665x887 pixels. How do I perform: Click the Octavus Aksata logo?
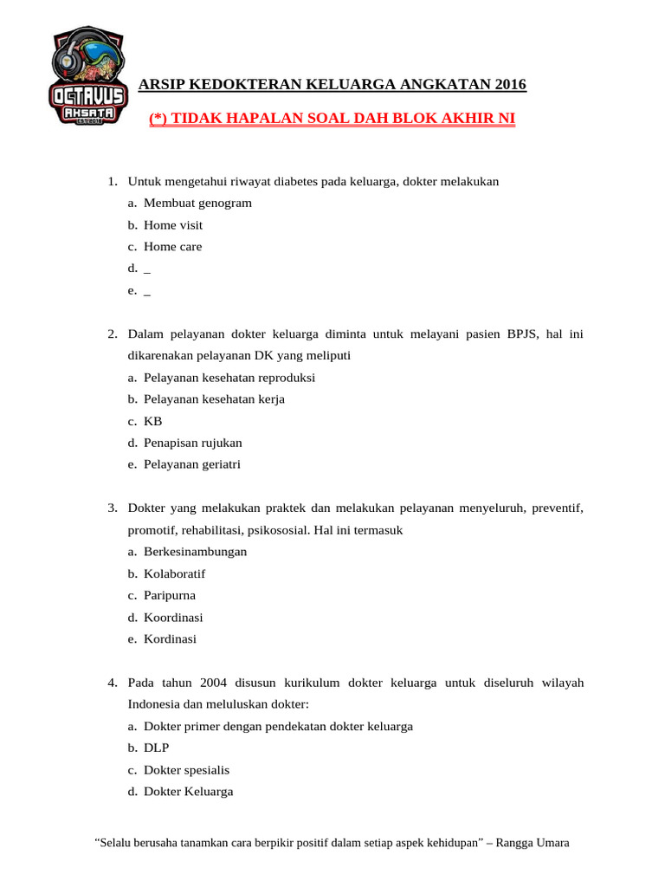point(88,76)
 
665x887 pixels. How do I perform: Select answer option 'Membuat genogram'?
point(197,203)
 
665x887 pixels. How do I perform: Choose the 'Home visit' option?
point(173,225)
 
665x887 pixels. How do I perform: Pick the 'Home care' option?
point(172,247)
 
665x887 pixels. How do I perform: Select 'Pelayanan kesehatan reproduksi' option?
point(229,378)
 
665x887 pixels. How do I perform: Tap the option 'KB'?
point(153,421)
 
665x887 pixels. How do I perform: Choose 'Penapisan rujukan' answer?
point(192,443)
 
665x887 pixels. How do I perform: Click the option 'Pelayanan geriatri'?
point(192,464)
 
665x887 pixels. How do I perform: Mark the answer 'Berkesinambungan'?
point(195,552)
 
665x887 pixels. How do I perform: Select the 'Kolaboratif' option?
point(174,573)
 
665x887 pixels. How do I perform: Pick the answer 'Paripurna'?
point(170,596)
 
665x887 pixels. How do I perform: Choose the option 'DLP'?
point(157,748)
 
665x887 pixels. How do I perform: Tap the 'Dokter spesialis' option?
point(186,770)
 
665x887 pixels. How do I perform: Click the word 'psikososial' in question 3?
point(277,529)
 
